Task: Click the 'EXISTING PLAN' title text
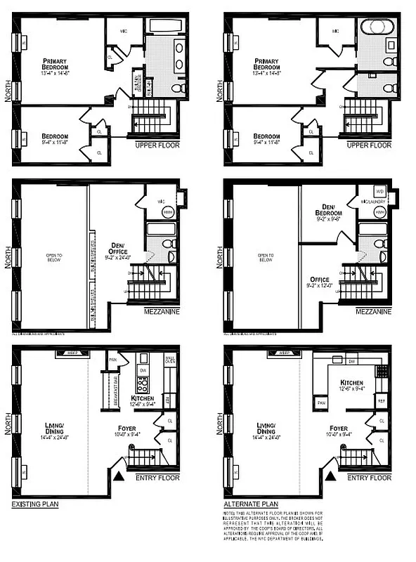point(34,504)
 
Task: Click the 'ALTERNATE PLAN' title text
point(250,504)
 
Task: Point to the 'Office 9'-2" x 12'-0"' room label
point(321,283)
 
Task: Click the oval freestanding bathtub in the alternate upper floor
point(371,32)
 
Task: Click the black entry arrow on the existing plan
point(119,476)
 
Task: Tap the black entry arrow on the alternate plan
point(330,476)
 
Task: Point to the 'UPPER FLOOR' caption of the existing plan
point(157,145)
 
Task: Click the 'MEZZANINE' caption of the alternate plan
point(373,310)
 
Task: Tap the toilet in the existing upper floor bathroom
point(178,87)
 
